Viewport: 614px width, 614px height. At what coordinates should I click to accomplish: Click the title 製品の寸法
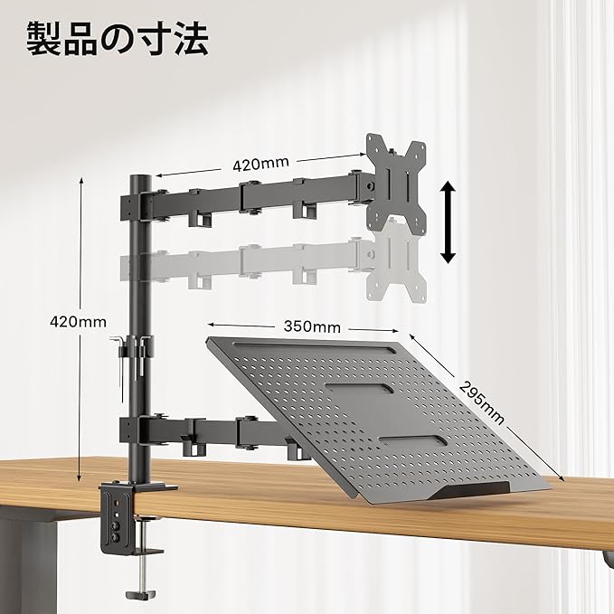coord(118,39)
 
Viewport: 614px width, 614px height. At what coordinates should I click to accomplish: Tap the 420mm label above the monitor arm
coord(260,165)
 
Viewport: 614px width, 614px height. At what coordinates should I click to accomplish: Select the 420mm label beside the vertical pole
coord(78,321)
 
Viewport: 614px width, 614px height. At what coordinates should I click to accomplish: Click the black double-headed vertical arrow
coord(447,221)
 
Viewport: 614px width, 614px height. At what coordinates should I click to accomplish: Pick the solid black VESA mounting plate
coord(396,178)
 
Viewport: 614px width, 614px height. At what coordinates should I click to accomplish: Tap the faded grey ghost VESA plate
coord(396,262)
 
